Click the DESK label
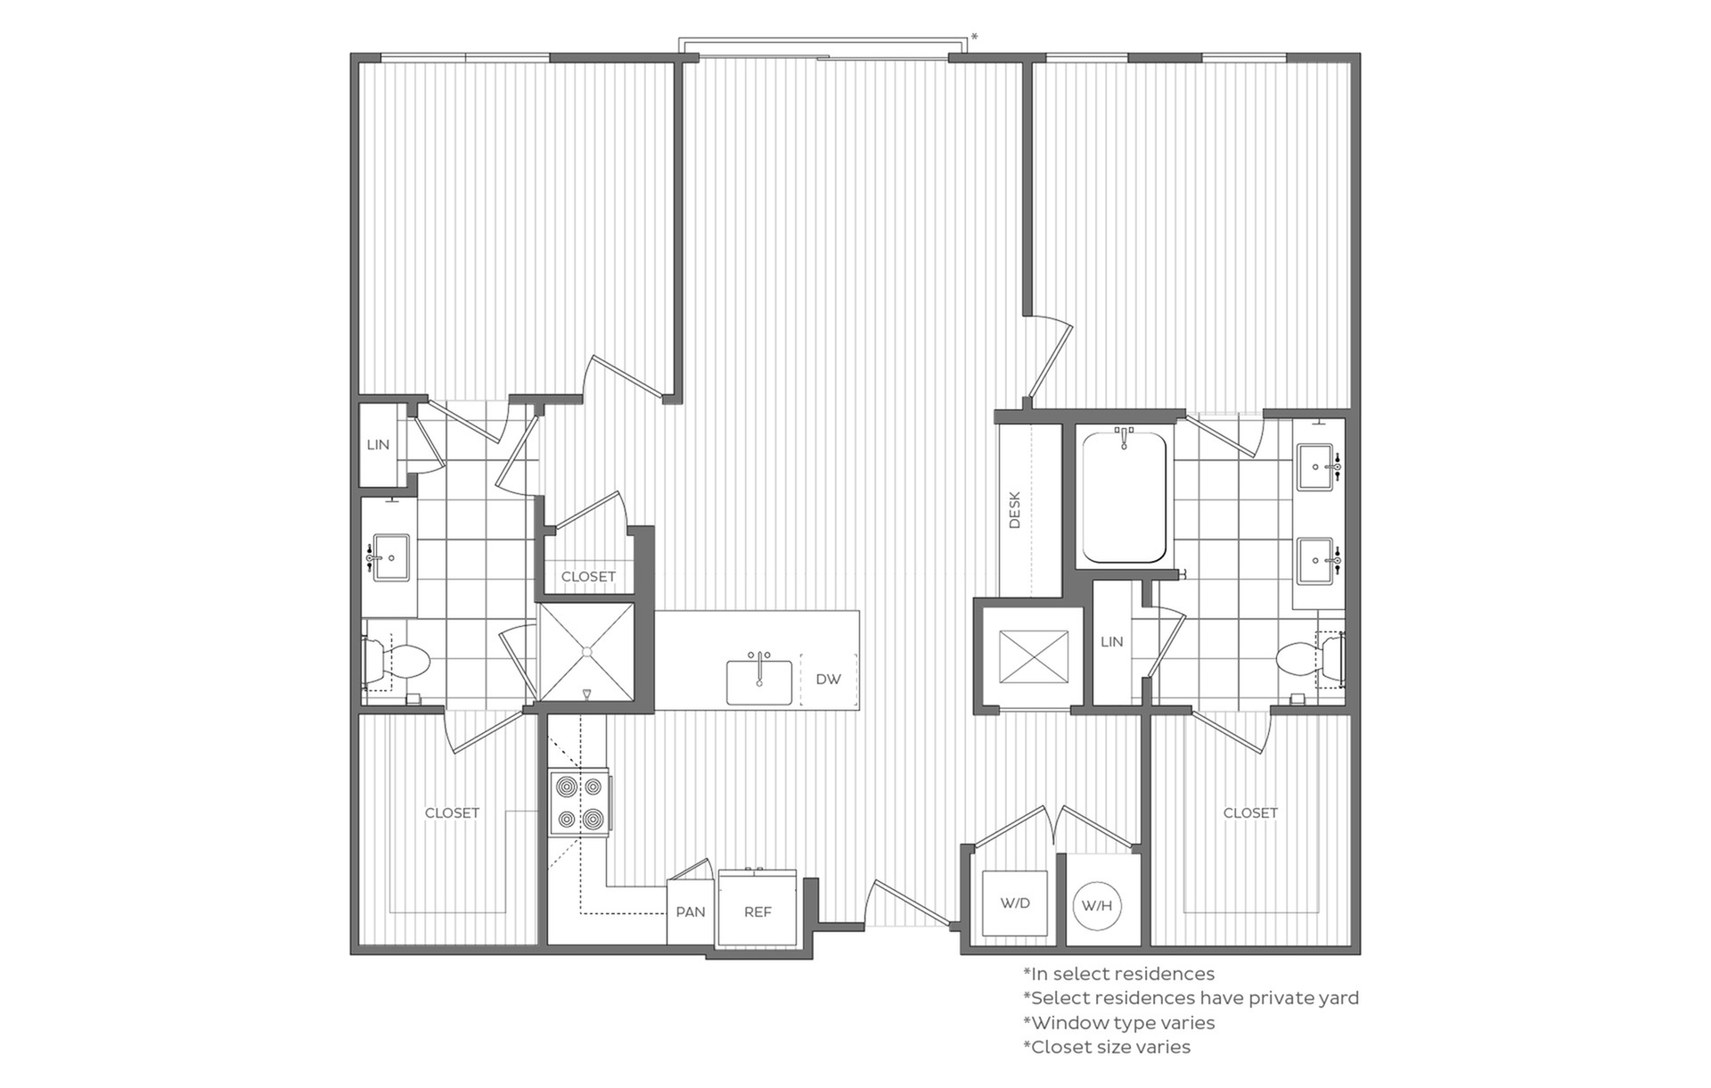(x=1014, y=510)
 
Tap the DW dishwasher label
(x=829, y=680)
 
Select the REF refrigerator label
(x=757, y=911)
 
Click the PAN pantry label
(x=691, y=911)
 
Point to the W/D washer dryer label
(x=1015, y=903)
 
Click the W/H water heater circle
(x=1097, y=906)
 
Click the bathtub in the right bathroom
(x=1124, y=496)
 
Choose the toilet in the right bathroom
(x=1310, y=661)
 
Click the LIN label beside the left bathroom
(x=378, y=444)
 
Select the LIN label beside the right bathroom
(x=1112, y=641)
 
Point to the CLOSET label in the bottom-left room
(x=452, y=812)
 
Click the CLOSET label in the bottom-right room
(x=1250, y=812)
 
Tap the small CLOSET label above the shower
(x=588, y=577)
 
